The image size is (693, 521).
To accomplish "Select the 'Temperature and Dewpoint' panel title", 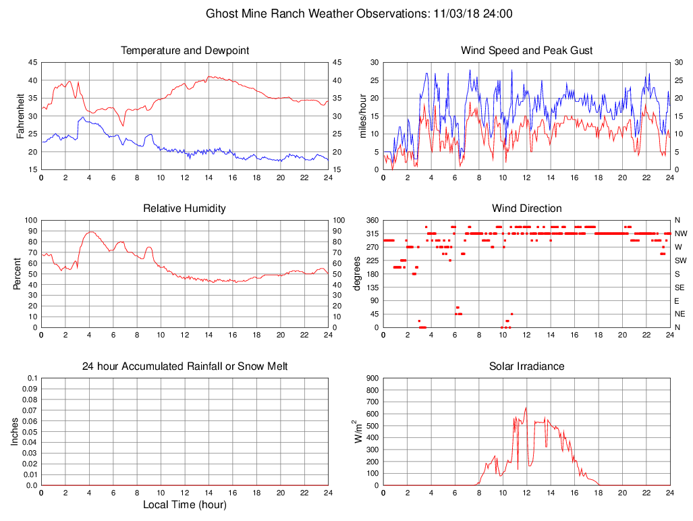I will (x=185, y=51).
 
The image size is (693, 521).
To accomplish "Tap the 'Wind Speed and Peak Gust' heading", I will (x=526, y=51).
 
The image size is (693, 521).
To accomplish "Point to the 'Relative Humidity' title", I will (x=185, y=209).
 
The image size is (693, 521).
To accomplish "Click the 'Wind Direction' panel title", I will (x=526, y=209).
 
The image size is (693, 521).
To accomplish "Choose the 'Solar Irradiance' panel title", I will (x=526, y=366).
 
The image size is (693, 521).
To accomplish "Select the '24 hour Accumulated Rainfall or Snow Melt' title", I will (x=185, y=366).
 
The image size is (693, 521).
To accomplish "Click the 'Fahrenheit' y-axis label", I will (x=20, y=116).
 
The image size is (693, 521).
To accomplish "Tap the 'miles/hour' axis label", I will (x=362, y=116).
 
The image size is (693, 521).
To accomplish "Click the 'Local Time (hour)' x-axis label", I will (x=185, y=504).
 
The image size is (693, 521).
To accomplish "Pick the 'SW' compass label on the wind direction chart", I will (x=680, y=260).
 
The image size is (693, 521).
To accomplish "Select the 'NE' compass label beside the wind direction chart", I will (x=680, y=314).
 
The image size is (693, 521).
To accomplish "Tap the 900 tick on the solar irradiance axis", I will (x=371, y=379).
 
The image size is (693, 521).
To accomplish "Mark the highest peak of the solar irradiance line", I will (x=526, y=408).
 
